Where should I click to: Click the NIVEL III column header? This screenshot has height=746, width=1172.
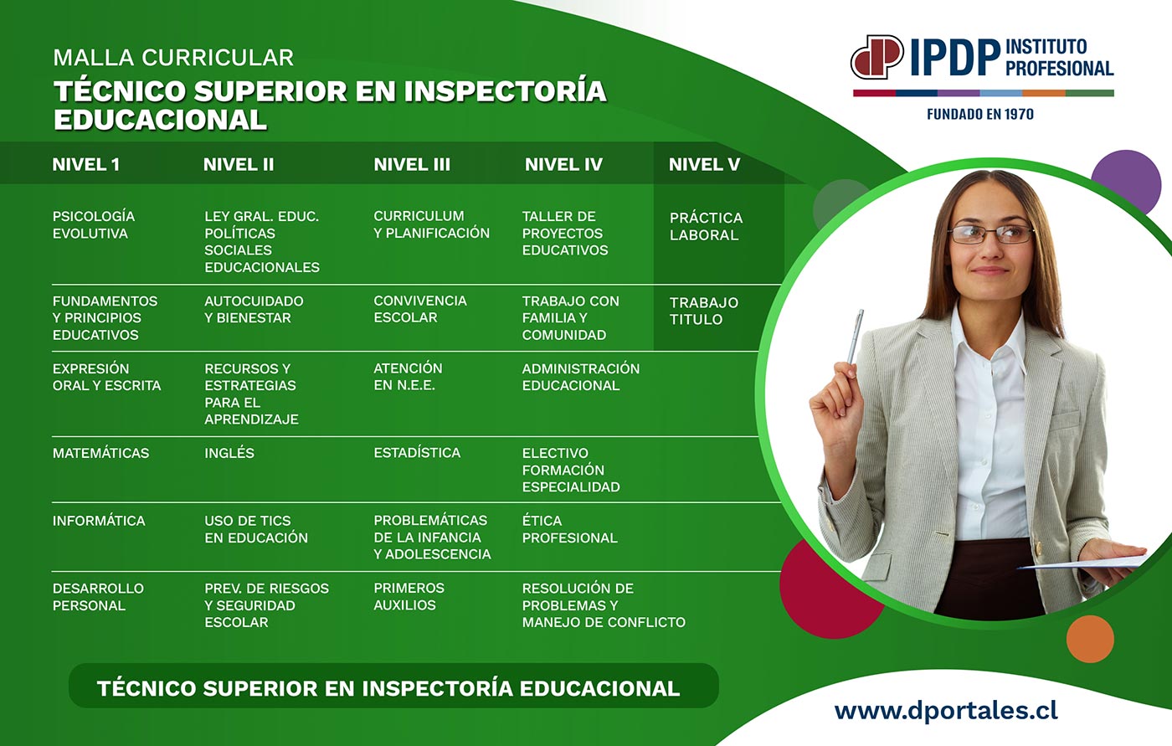pyautogui.click(x=412, y=164)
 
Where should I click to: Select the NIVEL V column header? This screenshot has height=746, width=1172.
pyautogui.click(x=704, y=164)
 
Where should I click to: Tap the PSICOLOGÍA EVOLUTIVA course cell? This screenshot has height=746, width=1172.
pyautogui.click(x=94, y=224)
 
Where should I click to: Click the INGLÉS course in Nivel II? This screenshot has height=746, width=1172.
pyautogui.click(x=229, y=452)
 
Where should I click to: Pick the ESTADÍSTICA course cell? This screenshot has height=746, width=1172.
pyautogui.click(x=417, y=452)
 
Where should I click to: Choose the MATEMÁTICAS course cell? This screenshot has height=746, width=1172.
pyautogui.click(x=100, y=452)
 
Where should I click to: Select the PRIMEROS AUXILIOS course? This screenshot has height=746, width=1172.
pyautogui.click(x=409, y=596)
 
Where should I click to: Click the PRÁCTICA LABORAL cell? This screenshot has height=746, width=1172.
pyautogui.click(x=706, y=226)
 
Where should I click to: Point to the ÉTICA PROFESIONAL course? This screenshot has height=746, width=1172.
pyautogui.click(x=570, y=529)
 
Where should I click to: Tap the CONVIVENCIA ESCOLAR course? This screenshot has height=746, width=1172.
pyautogui.click(x=420, y=309)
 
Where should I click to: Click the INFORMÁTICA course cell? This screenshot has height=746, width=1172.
pyautogui.click(x=99, y=521)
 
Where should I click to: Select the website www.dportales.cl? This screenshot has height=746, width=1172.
pyautogui.click(x=946, y=711)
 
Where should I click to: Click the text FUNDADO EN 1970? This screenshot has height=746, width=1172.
pyautogui.click(x=980, y=114)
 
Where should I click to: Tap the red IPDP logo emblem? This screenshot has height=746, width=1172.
pyautogui.click(x=876, y=56)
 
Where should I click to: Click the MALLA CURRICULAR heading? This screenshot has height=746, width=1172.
pyautogui.click(x=173, y=58)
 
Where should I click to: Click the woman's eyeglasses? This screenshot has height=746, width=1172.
pyautogui.click(x=990, y=234)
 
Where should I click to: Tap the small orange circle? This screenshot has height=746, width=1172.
pyautogui.click(x=1090, y=639)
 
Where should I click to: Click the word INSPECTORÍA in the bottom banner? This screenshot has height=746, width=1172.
pyautogui.click(x=437, y=688)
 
